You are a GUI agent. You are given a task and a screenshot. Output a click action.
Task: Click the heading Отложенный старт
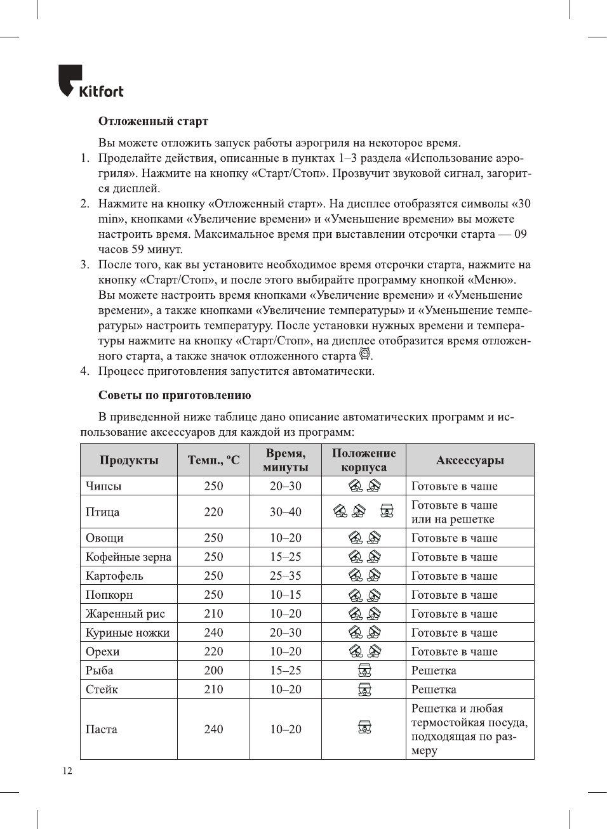click(153, 121)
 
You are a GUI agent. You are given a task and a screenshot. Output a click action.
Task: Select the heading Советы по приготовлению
click(175, 395)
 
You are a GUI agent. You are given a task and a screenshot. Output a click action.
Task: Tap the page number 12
click(67, 771)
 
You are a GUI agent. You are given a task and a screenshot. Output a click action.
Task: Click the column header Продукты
click(129, 460)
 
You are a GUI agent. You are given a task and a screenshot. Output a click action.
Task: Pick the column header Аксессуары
click(470, 460)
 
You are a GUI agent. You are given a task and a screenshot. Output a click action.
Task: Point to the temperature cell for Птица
click(213, 512)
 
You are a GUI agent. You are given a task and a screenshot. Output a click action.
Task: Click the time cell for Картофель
click(286, 576)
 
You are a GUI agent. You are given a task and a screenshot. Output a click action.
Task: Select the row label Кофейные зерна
click(128, 557)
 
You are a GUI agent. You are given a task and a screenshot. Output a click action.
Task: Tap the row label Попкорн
click(109, 595)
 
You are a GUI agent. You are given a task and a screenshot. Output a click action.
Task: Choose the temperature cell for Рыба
click(213, 670)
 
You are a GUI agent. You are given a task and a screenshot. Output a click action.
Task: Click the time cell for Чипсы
click(286, 486)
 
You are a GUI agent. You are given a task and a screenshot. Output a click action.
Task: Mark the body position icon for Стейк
click(364, 689)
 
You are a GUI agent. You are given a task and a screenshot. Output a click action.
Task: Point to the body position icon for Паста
click(364, 728)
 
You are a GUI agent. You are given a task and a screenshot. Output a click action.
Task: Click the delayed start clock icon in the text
click(364, 354)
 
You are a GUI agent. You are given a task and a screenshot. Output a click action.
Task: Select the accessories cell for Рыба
click(434, 670)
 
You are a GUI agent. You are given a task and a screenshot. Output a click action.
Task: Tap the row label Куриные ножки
click(128, 633)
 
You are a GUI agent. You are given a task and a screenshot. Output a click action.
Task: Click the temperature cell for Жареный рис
click(213, 614)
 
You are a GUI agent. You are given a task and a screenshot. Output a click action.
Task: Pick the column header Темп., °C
click(213, 460)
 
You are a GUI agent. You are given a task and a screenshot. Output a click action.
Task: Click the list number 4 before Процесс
click(84, 371)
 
